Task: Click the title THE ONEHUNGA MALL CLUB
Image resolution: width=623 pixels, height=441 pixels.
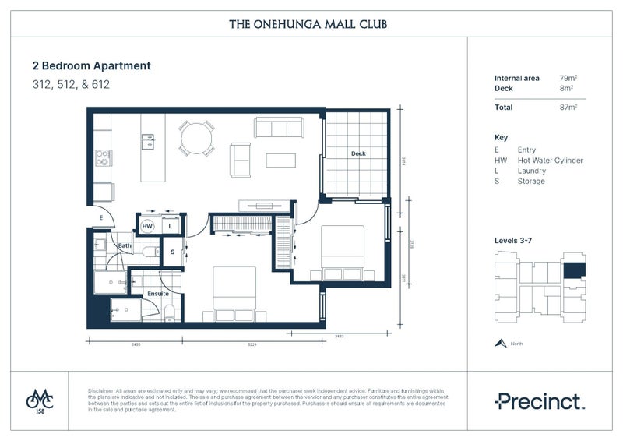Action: tap(308, 24)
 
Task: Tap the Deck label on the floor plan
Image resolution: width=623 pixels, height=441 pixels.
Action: tap(357, 153)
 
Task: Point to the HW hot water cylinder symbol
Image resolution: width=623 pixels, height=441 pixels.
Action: tap(147, 226)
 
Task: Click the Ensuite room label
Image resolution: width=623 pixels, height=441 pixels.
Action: tap(158, 293)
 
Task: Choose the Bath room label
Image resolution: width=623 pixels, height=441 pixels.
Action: tap(125, 246)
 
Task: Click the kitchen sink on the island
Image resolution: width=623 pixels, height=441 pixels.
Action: tap(147, 141)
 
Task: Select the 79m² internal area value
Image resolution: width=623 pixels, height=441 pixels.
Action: tap(568, 79)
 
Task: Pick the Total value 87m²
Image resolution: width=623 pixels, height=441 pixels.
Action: tap(568, 107)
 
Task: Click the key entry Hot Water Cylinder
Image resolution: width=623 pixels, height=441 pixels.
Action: tap(550, 161)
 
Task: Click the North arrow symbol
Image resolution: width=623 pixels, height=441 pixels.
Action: tap(499, 343)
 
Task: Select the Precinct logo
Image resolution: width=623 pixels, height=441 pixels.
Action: tap(539, 401)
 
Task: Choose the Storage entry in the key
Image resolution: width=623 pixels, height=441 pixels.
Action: tap(531, 182)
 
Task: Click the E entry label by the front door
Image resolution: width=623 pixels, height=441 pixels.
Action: tap(101, 217)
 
